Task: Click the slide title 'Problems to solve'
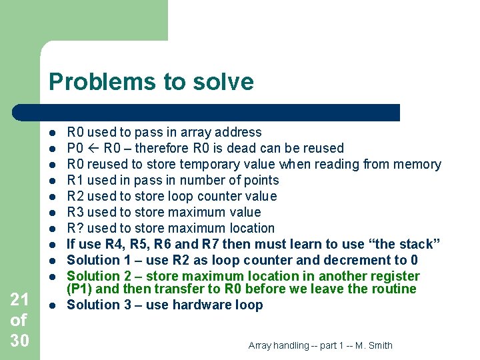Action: point(151,82)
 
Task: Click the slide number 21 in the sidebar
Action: point(19,299)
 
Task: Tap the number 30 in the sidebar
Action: point(19,340)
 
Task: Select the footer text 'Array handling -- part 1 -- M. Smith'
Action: point(320,345)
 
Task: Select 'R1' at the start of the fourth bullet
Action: point(75,180)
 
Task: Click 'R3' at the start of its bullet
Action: point(75,212)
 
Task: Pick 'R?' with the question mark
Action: point(75,228)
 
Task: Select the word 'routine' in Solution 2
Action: point(393,289)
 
